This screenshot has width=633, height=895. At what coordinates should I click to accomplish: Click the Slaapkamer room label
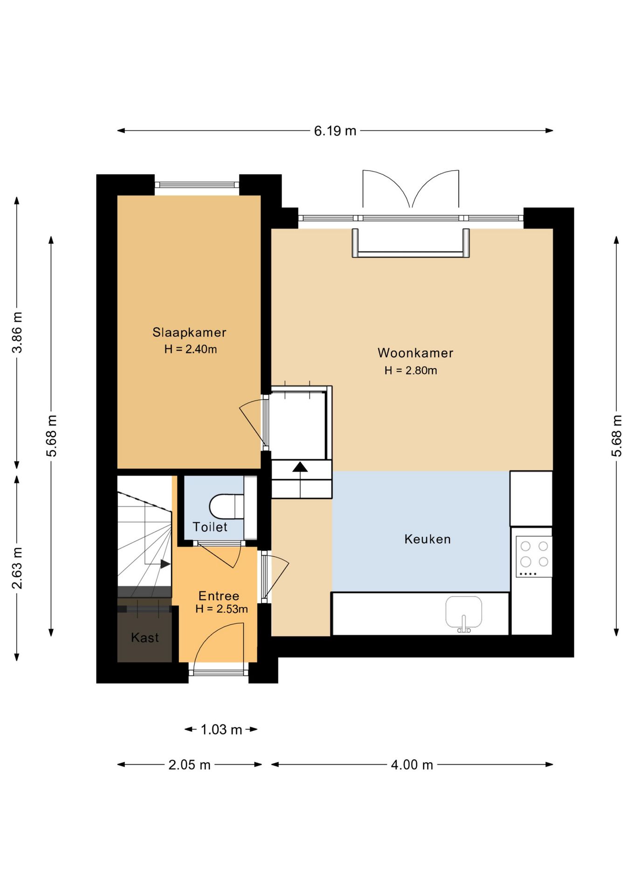click(189, 332)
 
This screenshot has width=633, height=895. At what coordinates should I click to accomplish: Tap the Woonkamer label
click(415, 353)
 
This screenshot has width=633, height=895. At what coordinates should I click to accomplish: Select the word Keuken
click(427, 539)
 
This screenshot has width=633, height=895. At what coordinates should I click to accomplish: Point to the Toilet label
click(210, 527)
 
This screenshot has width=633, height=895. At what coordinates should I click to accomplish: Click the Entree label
click(219, 596)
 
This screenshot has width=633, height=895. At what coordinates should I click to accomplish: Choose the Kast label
click(144, 637)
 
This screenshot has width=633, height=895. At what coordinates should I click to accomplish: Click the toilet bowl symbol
click(227, 506)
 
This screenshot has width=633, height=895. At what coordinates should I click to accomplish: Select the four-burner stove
click(534, 557)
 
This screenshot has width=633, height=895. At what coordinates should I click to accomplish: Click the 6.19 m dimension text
click(335, 131)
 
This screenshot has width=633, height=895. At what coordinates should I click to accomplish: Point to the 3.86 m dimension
click(17, 332)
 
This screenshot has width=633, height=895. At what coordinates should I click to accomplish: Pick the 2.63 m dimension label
click(17, 568)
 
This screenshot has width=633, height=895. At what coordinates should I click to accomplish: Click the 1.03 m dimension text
click(221, 730)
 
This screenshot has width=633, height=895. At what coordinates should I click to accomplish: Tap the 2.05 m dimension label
click(189, 765)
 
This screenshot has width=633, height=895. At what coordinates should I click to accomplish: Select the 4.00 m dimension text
click(412, 765)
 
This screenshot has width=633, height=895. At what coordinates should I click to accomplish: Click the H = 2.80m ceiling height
click(411, 371)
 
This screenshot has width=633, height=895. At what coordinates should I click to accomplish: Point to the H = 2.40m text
click(190, 349)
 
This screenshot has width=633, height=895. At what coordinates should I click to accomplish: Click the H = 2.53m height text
click(221, 609)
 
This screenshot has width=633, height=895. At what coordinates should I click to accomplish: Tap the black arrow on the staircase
click(165, 564)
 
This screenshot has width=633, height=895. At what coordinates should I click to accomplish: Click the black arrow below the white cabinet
click(300, 467)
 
